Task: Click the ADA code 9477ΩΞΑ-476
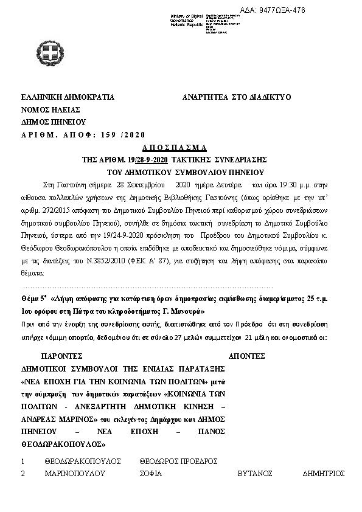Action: pyautogui.click(x=274, y=10)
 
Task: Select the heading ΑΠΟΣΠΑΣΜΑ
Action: pyautogui.click(x=175, y=148)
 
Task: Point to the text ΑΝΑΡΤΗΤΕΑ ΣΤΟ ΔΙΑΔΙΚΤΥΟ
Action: pyautogui.click(x=237, y=97)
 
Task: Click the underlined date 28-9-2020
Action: pyautogui.click(x=151, y=159)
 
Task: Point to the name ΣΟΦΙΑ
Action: pyautogui.click(x=151, y=473)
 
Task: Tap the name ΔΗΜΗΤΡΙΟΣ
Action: pyautogui.click(x=324, y=473)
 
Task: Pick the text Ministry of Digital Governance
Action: pyautogui.click(x=187, y=18)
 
